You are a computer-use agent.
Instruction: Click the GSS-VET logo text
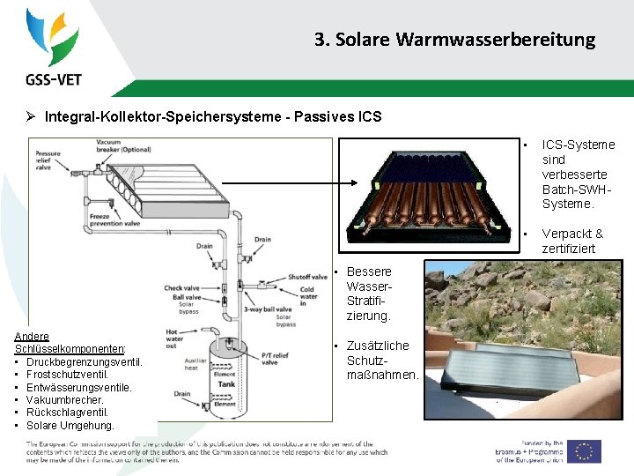click(x=54, y=78)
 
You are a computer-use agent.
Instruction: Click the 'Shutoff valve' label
click(x=308, y=278)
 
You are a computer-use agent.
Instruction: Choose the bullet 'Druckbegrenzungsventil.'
click(x=85, y=361)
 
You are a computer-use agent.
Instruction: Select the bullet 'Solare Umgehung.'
click(x=70, y=426)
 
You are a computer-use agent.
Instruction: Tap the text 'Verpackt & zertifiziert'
click(x=573, y=241)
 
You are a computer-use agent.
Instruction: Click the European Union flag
click(x=583, y=450)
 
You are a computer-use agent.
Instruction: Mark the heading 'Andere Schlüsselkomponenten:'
click(x=70, y=343)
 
